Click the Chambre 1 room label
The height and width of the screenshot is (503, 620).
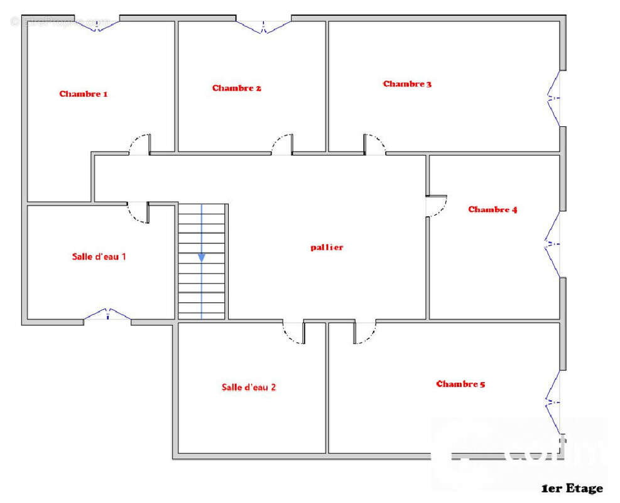pos(84,94)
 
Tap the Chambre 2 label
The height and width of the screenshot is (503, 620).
pos(236,88)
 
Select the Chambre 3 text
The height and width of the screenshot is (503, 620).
pos(407,84)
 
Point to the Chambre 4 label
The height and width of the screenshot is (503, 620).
pos(492,209)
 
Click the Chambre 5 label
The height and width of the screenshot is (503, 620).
pos(460,384)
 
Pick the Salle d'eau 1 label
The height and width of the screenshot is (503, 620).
pos(99,257)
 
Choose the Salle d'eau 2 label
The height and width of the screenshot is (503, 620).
pos(249,387)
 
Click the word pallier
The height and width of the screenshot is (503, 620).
pos(327,247)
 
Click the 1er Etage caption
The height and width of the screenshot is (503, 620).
pos(572,489)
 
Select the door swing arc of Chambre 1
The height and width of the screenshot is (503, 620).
pos(139,144)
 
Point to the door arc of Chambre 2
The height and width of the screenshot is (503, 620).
pos(282,144)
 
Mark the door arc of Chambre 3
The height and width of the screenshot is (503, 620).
pos(376,144)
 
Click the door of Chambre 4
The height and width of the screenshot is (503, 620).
pos(437,206)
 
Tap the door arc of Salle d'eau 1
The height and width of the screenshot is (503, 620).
pos(138,213)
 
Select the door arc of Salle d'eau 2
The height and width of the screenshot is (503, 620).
pos(293,333)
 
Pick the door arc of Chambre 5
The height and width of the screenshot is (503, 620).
pos(365,333)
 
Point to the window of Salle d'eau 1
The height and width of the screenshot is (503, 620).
pos(107,314)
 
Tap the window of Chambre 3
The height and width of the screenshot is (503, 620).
pos(553,98)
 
